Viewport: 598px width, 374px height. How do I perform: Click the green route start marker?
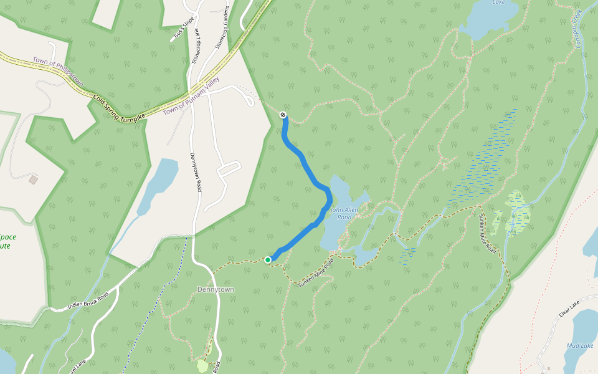click(x=268, y=259)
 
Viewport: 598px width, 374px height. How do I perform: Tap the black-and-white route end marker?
click(x=283, y=115)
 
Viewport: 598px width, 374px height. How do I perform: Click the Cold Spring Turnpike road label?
click(x=119, y=107)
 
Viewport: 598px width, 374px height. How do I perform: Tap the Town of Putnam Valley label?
click(x=191, y=100)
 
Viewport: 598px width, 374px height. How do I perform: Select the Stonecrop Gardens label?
click(x=222, y=27)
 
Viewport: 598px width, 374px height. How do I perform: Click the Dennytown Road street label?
click(x=195, y=171)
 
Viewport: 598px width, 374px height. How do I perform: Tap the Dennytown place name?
click(x=214, y=290)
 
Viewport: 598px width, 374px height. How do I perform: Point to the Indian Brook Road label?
click(x=87, y=300)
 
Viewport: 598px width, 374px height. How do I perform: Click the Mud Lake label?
click(x=579, y=345)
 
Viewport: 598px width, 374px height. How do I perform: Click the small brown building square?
click(x=33, y=180)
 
